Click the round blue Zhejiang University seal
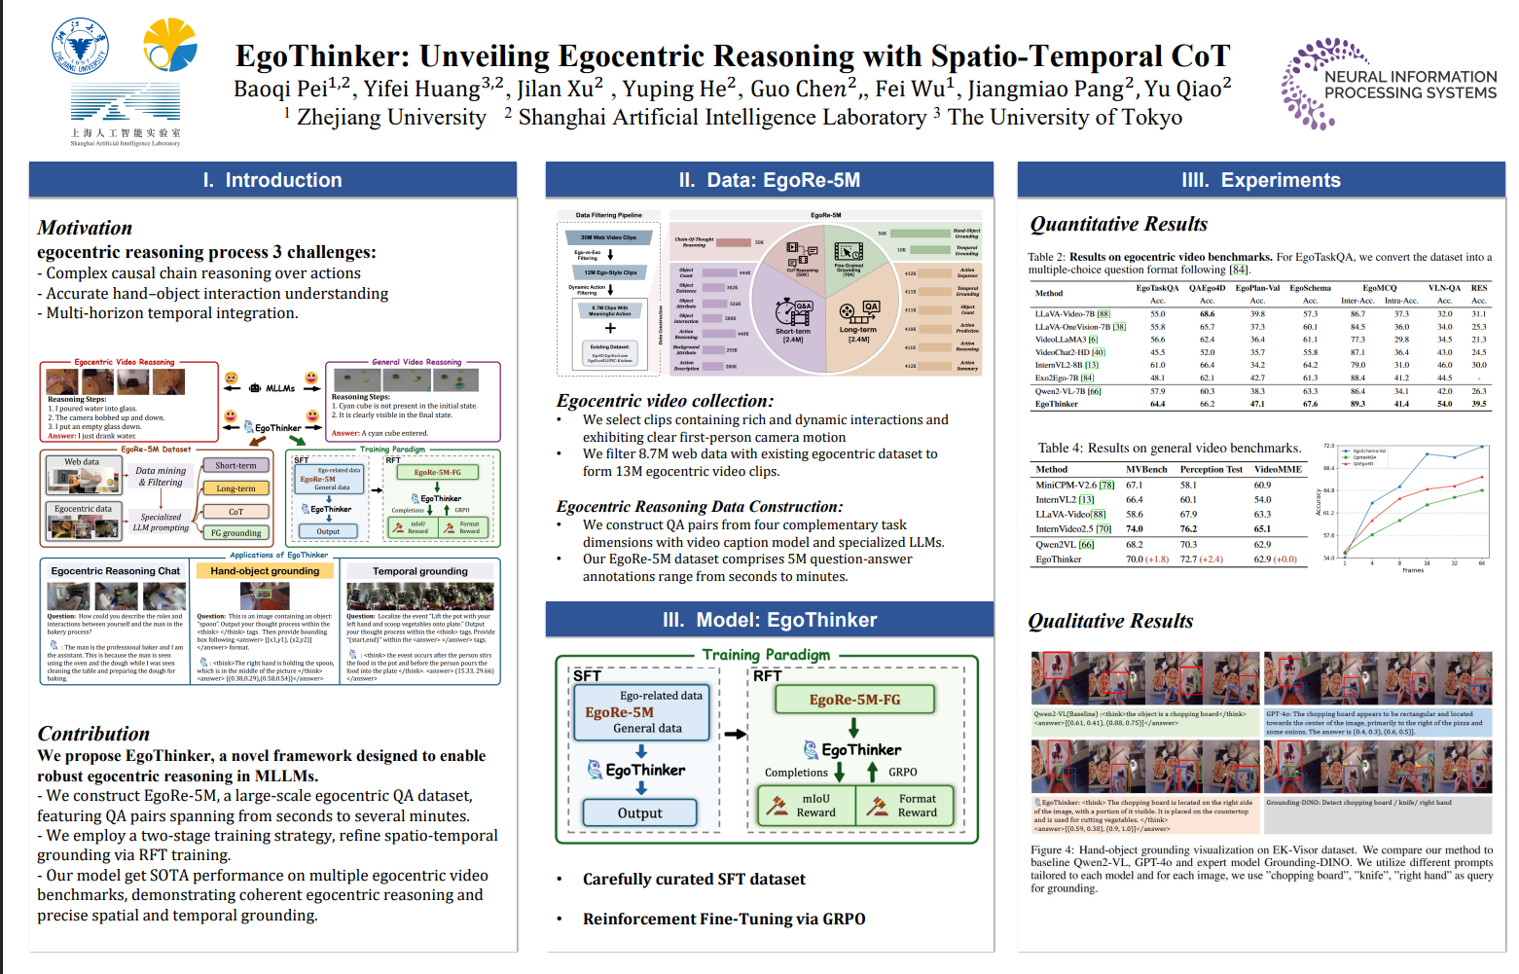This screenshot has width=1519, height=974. (x=80, y=47)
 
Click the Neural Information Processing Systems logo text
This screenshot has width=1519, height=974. (x=1410, y=85)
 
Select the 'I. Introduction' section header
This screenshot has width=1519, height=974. (x=272, y=180)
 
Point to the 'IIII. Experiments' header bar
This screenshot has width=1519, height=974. (x=1260, y=180)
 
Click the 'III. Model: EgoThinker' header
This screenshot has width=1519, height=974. (x=769, y=620)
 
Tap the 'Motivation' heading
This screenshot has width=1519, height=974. (x=85, y=228)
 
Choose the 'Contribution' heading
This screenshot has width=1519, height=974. (x=93, y=734)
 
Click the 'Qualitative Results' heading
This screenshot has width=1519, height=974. (x=1110, y=621)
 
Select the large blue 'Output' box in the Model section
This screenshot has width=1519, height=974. (x=639, y=812)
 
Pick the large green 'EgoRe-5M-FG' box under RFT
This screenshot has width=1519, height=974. (x=854, y=700)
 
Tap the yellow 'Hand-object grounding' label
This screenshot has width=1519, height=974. (x=265, y=571)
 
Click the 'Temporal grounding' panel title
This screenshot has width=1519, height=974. (x=419, y=571)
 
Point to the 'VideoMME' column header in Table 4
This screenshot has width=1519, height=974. (x=1278, y=469)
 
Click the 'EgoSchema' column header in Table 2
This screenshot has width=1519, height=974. (x=1310, y=288)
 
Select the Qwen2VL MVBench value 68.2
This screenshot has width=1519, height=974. (x=1134, y=545)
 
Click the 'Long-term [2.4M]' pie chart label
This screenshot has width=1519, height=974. (x=858, y=334)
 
